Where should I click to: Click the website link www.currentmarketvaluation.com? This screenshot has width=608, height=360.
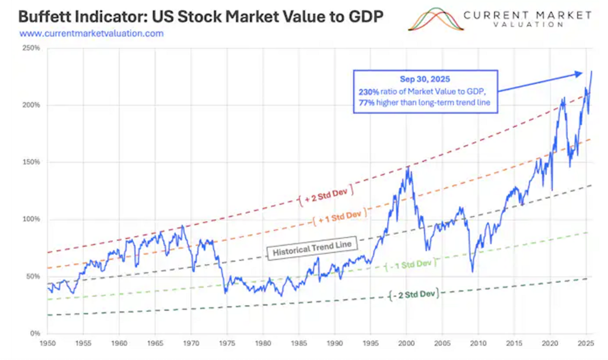91,34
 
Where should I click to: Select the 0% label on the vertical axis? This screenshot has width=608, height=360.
35,333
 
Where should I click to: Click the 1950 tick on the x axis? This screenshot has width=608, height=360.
47,344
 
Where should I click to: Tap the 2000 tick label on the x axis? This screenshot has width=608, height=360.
406,344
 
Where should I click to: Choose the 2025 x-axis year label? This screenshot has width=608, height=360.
585,344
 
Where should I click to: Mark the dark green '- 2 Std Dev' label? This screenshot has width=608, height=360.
416,293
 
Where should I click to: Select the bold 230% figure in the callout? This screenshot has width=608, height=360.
367,92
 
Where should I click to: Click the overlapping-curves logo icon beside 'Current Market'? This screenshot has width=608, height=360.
436,18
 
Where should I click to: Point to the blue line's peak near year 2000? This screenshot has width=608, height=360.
407,167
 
